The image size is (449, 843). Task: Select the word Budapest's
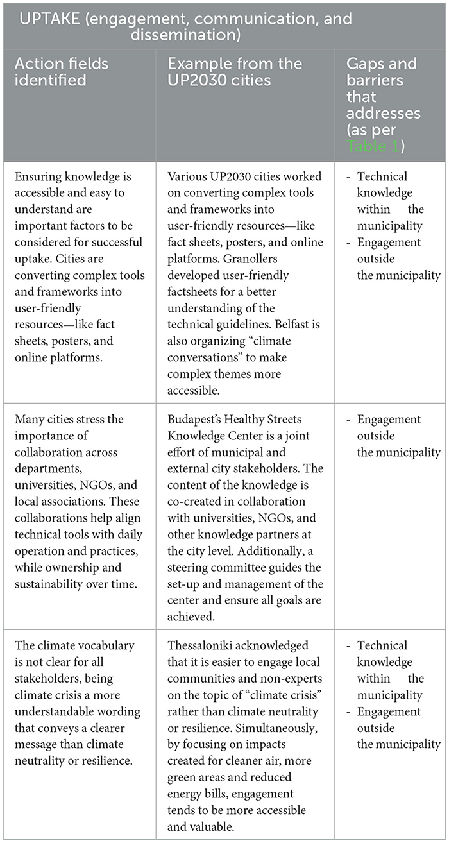(196, 420)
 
